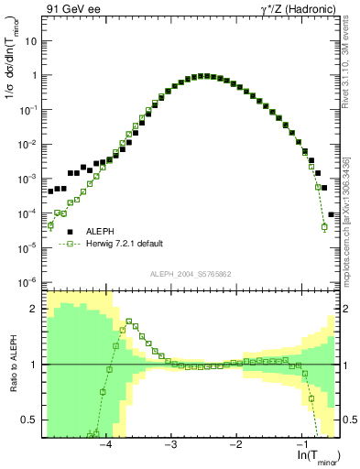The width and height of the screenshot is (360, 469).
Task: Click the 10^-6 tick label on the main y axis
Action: (29, 281)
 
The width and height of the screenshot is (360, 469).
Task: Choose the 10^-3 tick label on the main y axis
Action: (29, 179)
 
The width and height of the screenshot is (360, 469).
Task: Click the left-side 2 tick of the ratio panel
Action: (36, 309)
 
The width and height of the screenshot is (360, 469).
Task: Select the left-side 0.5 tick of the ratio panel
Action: (32, 420)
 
